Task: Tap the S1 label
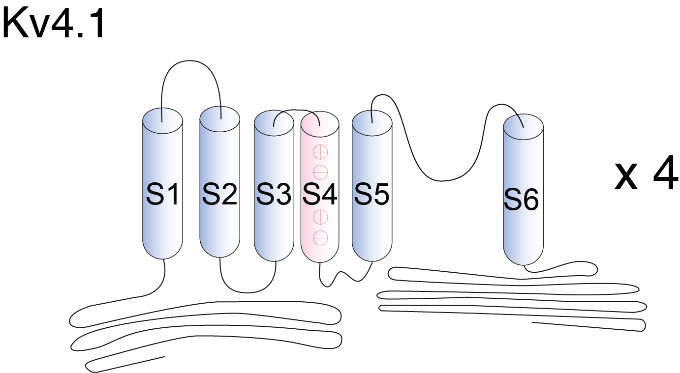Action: point(162,196)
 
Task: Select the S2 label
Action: point(219,196)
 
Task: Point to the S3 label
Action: point(274,196)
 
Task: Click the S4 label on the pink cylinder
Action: point(320,196)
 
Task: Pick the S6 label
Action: point(522,201)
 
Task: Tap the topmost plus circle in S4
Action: point(320,152)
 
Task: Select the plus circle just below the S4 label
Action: point(320,216)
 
